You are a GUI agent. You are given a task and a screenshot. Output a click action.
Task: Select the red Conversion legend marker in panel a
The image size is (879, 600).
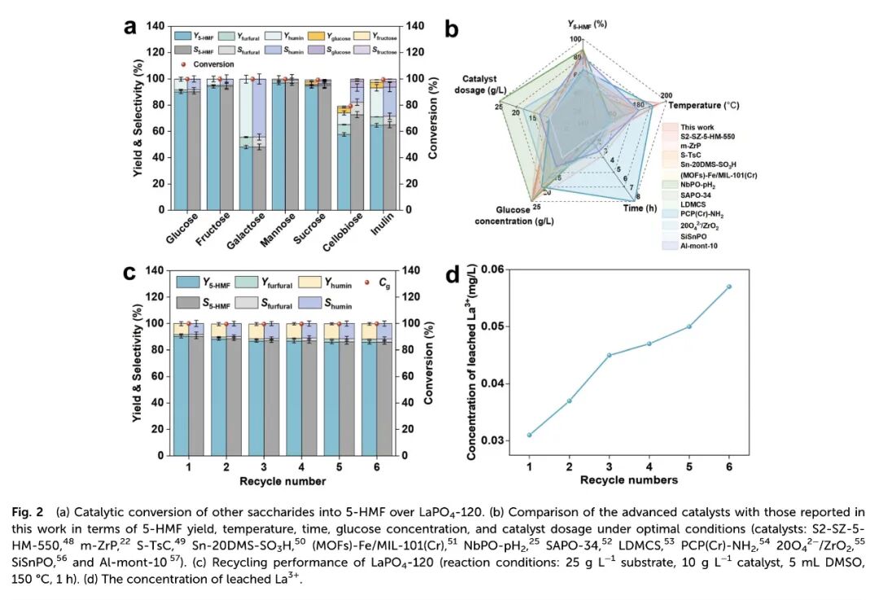coord(184,64)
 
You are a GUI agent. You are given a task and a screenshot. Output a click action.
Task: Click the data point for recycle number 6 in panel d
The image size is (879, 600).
coord(728,287)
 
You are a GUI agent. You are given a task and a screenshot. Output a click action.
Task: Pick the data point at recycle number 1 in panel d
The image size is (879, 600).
coord(530,435)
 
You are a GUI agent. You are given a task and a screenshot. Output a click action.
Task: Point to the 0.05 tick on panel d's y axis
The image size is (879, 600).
coord(505,326)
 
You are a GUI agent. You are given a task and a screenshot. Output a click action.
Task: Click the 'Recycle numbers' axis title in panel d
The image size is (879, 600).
coord(628,480)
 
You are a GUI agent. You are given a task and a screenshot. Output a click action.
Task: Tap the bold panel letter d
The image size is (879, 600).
coord(453,274)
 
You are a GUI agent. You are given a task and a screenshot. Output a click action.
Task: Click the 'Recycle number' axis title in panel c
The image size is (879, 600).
coord(282,481)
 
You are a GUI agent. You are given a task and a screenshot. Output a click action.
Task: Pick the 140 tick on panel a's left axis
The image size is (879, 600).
coord(155,26)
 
